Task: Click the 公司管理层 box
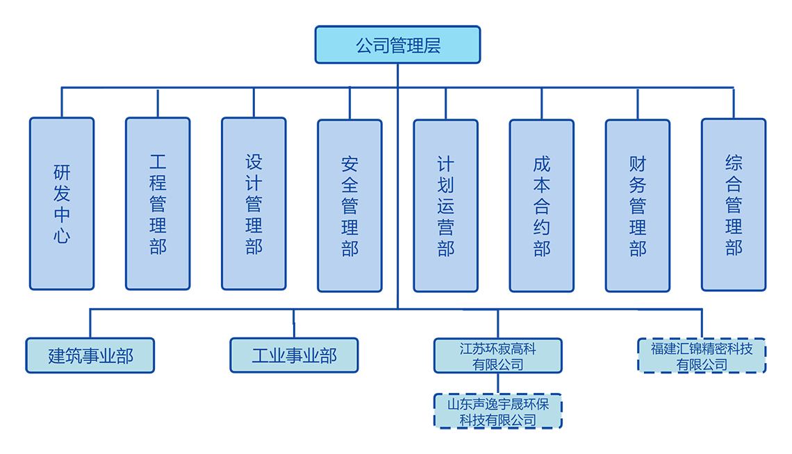[397, 45]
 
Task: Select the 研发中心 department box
[62, 203]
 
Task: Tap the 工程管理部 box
[158, 203]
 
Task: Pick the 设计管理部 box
[254, 203]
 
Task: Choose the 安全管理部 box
[349, 205]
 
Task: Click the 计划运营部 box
[445, 205]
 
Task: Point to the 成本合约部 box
[541, 205]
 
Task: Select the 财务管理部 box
[637, 205]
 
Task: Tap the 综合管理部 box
[733, 205]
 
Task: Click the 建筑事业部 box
[90, 356]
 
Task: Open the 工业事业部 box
[294, 355]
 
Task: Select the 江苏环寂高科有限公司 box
[497, 355]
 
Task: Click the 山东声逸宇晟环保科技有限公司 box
[497, 411]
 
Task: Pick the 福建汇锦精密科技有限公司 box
[702, 356]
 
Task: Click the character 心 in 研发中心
[62, 235]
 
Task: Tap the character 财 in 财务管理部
[637, 164]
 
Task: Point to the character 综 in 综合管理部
[733, 163]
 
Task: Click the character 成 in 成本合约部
[541, 164]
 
